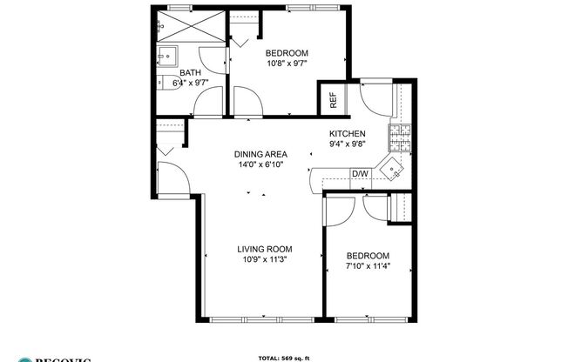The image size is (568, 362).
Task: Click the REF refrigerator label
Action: (x=333, y=100)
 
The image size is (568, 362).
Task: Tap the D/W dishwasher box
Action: (x=360, y=174)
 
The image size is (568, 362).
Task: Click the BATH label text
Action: (x=190, y=73)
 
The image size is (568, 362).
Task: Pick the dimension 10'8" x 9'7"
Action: (x=287, y=63)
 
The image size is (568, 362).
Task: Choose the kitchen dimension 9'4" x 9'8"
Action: (x=346, y=144)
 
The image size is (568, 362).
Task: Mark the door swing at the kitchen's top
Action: (x=376, y=100)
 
